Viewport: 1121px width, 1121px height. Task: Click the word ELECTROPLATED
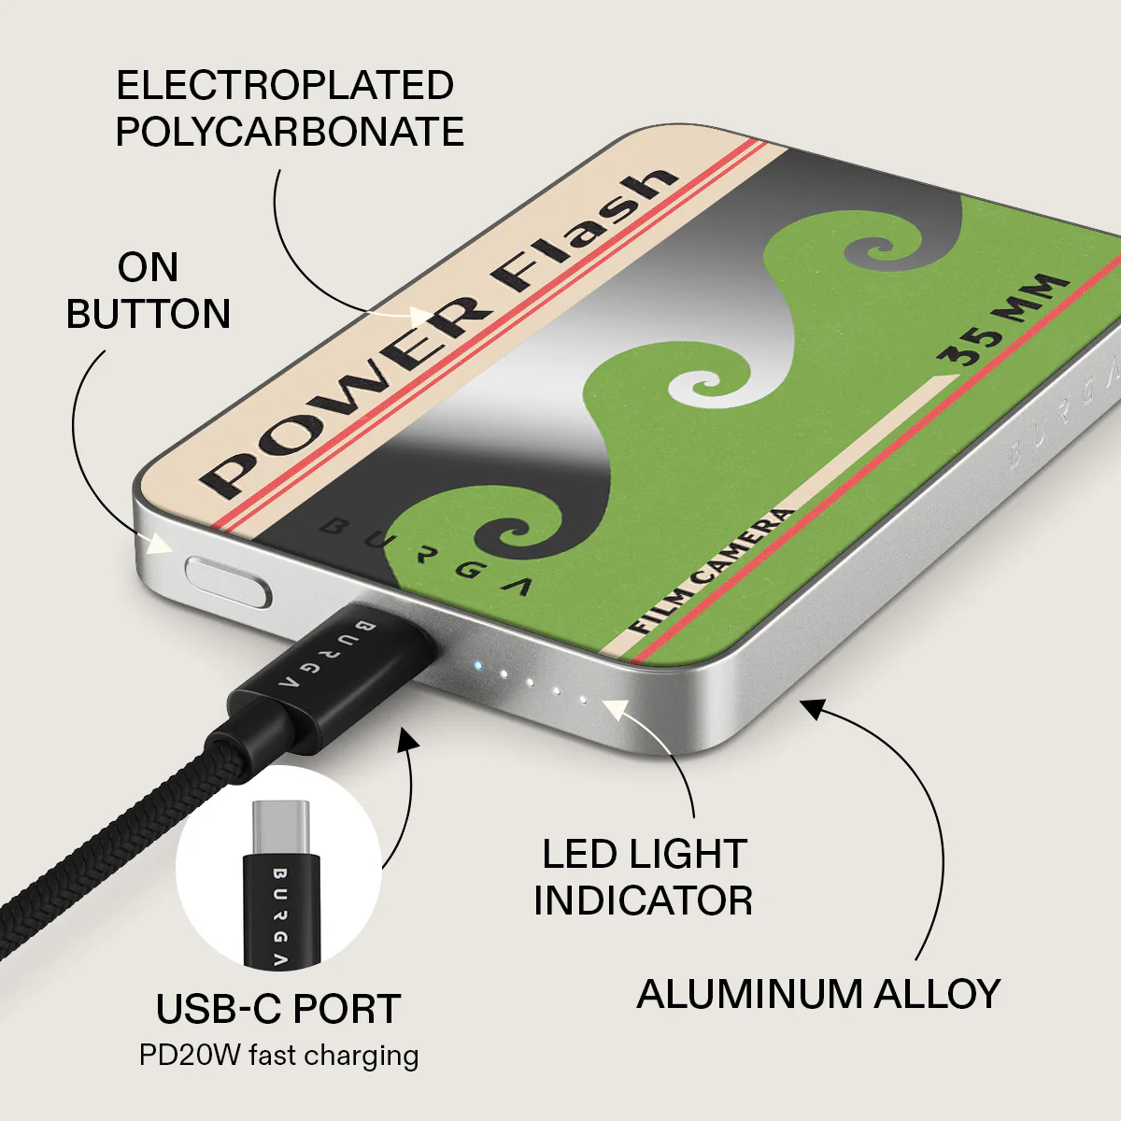[x=285, y=86]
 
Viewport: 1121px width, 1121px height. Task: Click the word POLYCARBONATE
[x=290, y=132]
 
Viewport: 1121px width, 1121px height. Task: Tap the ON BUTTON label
[x=149, y=291]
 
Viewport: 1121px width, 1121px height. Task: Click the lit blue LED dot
[x=477, y=665]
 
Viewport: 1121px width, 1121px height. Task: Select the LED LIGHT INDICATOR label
[x=644, y=877]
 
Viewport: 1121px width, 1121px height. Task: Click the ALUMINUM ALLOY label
[x=818, y=994]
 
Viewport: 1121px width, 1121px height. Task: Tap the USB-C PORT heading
[x=278, y=1009]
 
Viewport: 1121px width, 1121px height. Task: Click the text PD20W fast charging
[x=278, y=1056]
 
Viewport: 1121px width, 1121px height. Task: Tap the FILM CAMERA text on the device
[x=712, y=571]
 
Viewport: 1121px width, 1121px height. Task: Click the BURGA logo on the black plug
[x=326, y=656]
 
